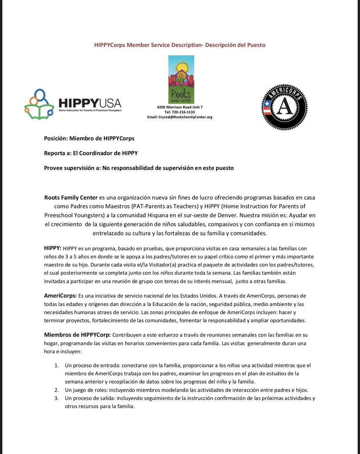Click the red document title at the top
click(180, 45)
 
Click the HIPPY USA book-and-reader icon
click(39, 104)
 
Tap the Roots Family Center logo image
click(181, 79)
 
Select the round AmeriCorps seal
click(284, 107)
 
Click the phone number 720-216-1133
click(180, 112)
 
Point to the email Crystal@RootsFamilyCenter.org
click(180, 117)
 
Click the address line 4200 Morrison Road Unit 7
click(180, 107)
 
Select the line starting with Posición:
click(89, 138)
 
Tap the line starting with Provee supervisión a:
click(139, 168)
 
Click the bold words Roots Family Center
click(71, 198)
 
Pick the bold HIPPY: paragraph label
click(53, 248)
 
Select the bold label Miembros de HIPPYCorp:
click(78, 335)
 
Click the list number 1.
click(56, 365)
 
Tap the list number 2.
click(56, 390)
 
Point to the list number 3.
click(56, 398)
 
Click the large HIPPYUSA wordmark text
click(90, 103)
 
